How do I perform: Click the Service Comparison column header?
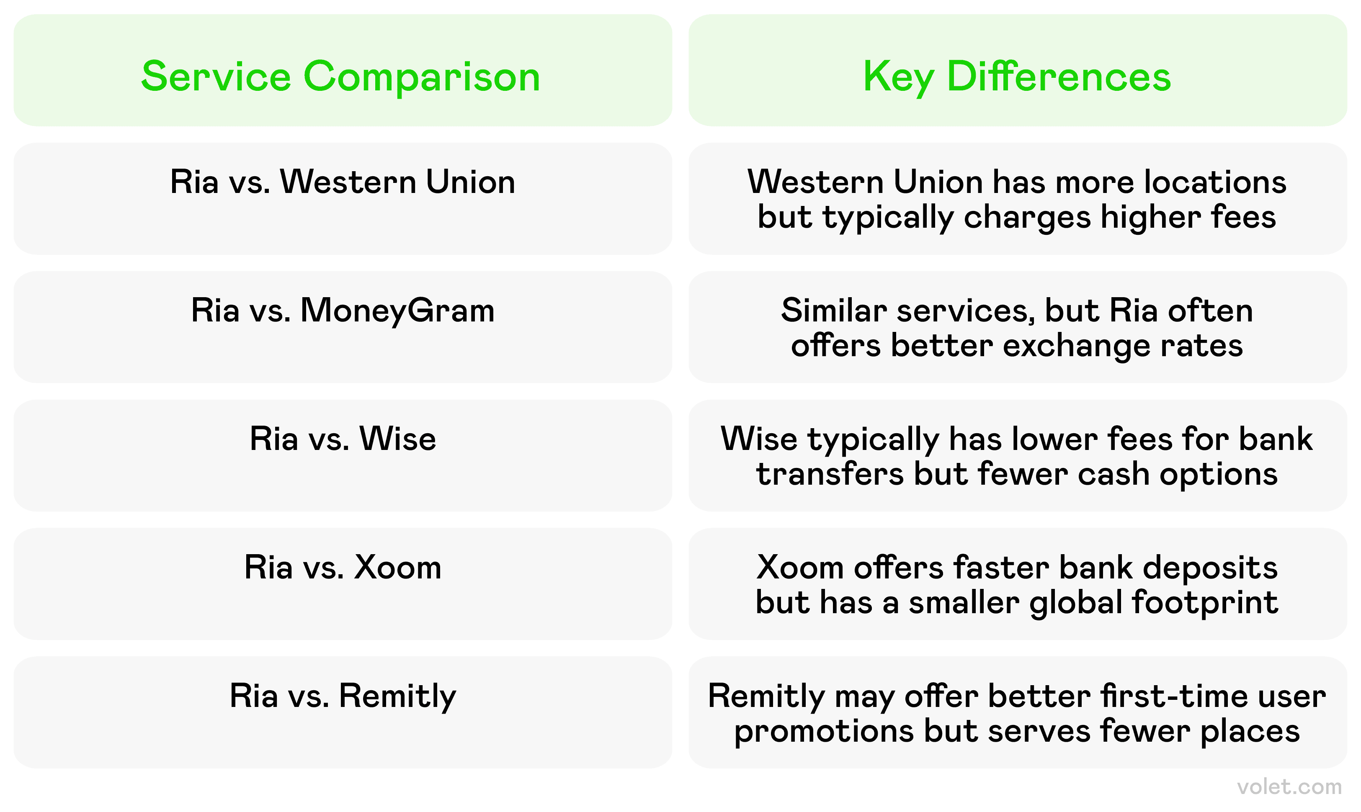pos(343,71)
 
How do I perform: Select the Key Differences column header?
pos(1018,71)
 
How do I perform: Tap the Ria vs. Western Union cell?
pos(343,199)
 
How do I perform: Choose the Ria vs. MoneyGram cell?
pos(343,327)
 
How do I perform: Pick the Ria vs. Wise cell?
pos(343,456)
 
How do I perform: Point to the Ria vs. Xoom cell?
pos(343,584)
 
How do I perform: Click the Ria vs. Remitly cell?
pos(343,712)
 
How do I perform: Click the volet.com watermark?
pos(1289,787)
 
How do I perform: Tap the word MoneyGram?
pos(397,311)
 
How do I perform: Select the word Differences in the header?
pos(1059,76)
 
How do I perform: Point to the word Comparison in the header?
pos(422,77)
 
